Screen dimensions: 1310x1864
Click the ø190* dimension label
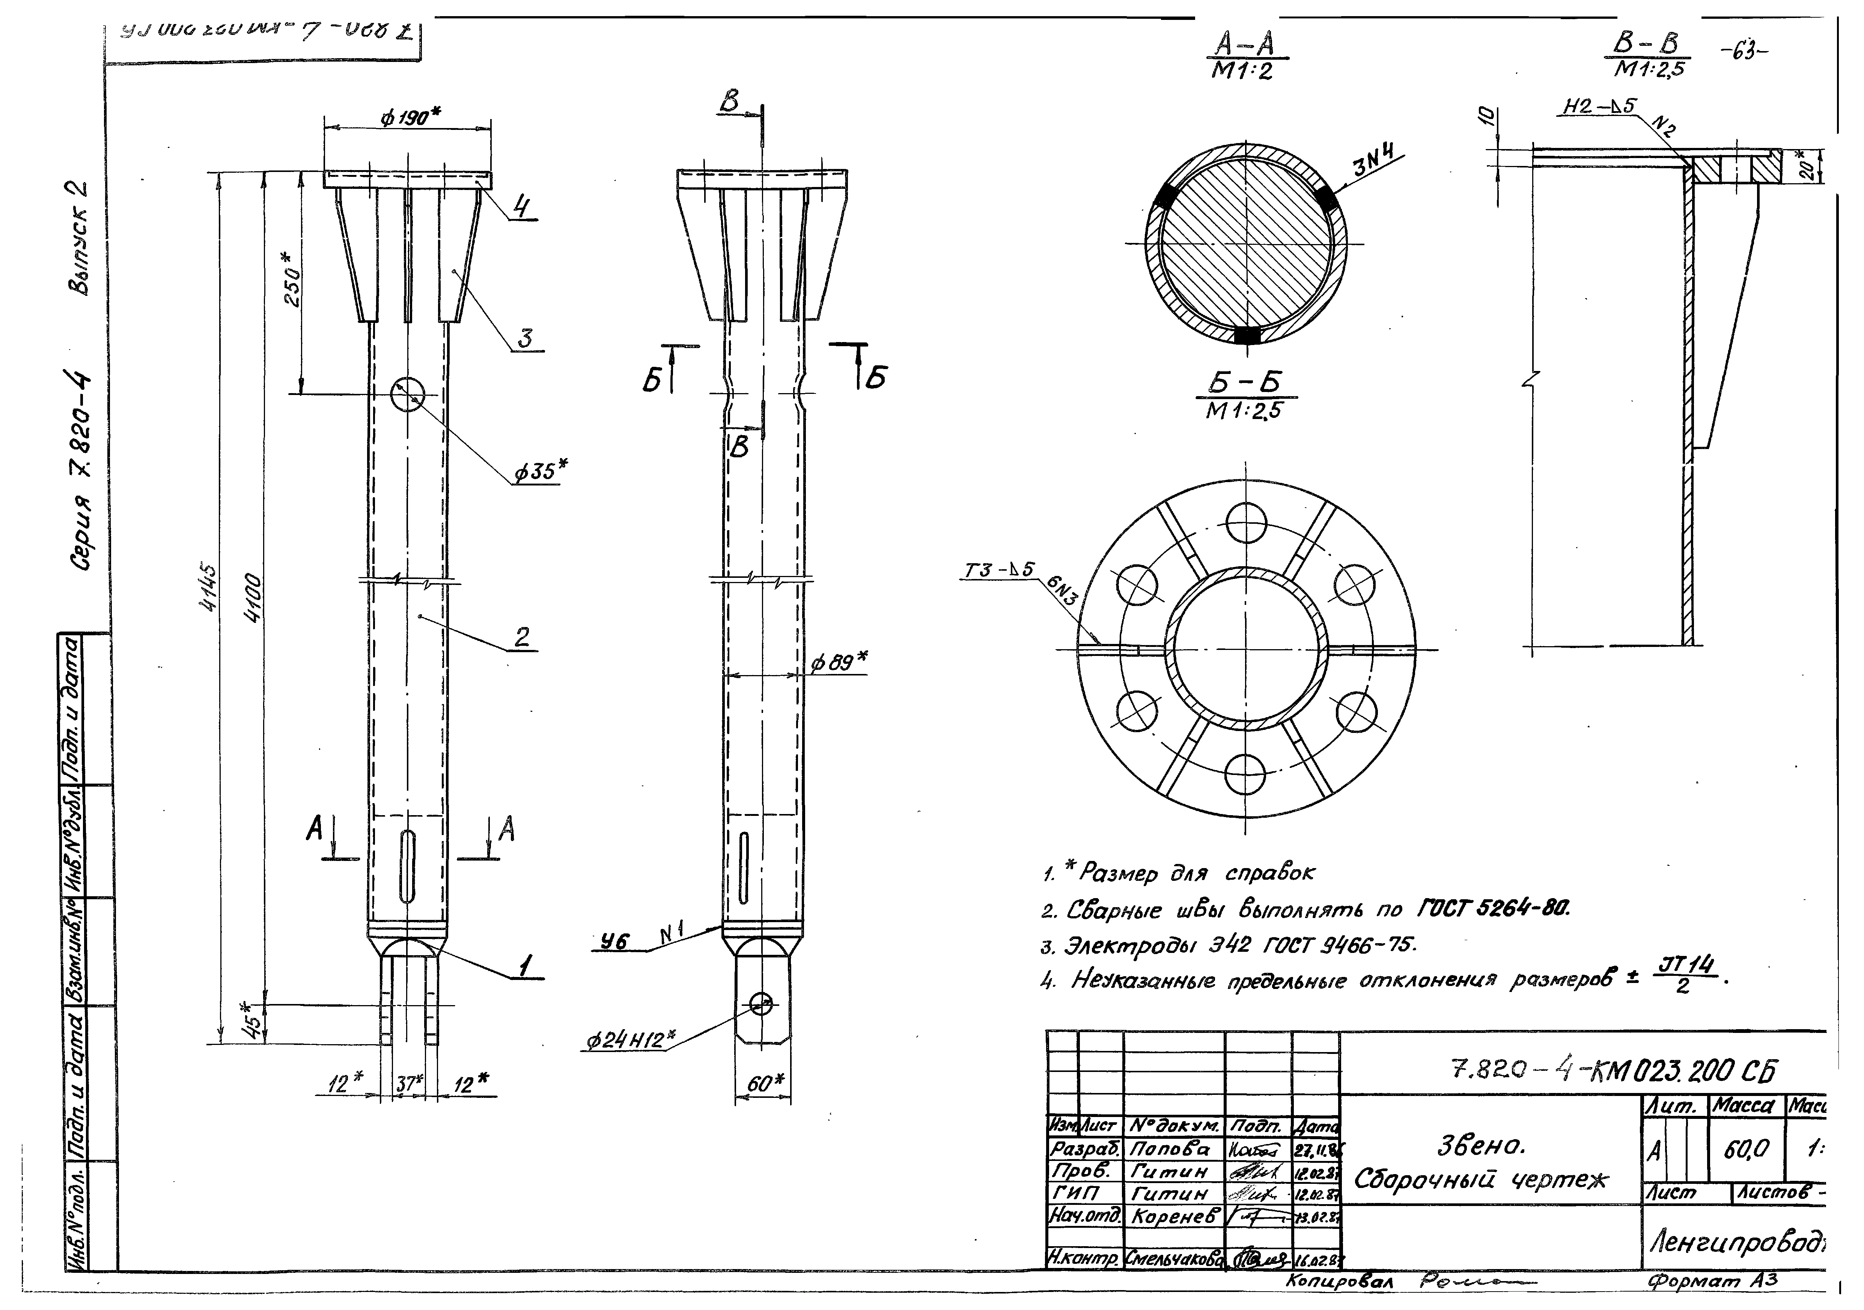(x=410, y=118)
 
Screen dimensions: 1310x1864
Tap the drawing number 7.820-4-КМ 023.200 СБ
(x=1611, y=1072)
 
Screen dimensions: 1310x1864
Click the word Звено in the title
(x=1481, y=1145)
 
